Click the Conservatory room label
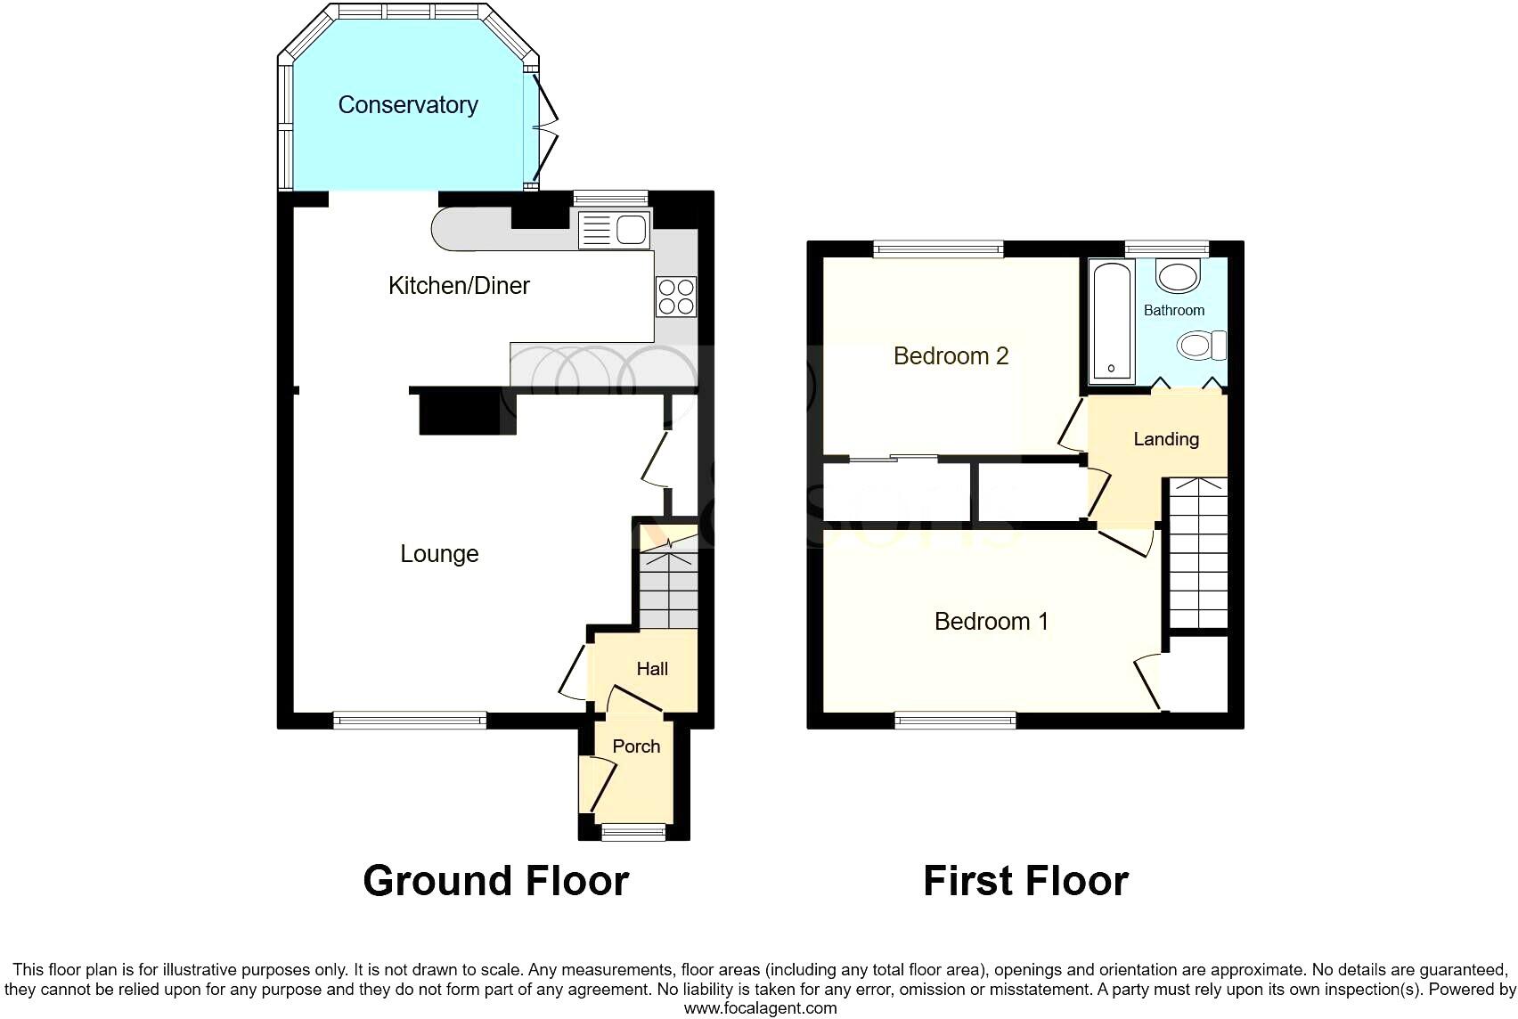point(408,105)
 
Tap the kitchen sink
point(614,230)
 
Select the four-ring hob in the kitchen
point(675,297)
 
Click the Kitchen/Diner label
point(459,286)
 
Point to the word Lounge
point(439,554)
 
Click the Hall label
point(652,669)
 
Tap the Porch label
point(636,746)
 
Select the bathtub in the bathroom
point(1111,319)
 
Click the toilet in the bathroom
point(1201,345)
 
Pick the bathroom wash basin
point(1178,275)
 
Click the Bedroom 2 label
point(951,356)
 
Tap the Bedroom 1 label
point(991,622)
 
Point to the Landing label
point(1165,439)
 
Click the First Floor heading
point(1025,881)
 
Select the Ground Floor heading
point(495,881)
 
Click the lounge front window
point(410,719)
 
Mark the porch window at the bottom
point(633,833)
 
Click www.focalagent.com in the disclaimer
point(760,1008)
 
